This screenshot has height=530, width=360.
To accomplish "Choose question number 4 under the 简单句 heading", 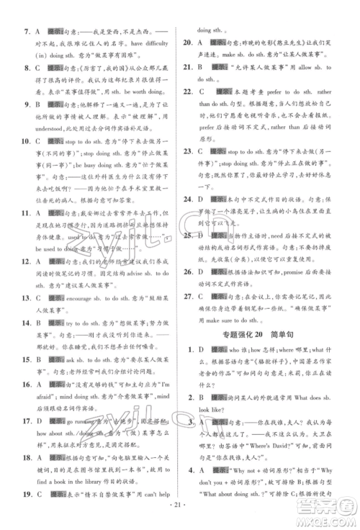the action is (189, 467).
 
